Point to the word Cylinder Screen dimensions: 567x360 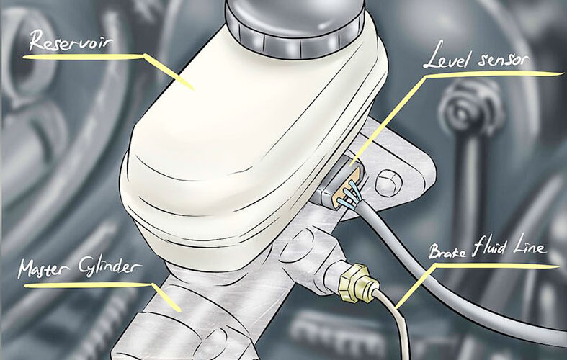pyautogui.click(x=110, y=268)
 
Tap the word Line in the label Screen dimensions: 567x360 pyautogui.click(x=529, y=247)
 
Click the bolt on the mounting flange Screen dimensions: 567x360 pyautogui.click(x=389, y=182)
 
